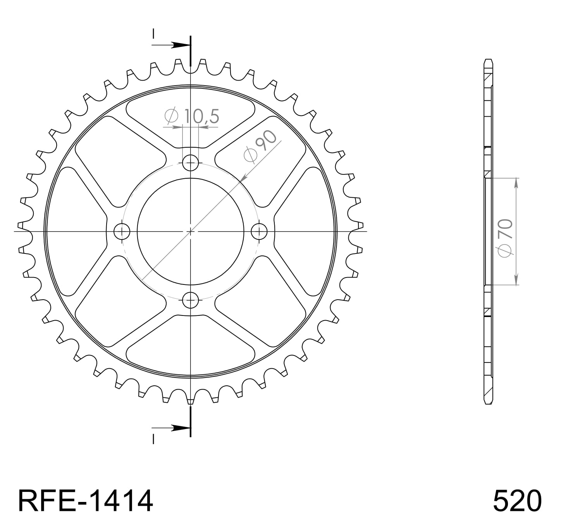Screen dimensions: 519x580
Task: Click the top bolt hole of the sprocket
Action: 190,162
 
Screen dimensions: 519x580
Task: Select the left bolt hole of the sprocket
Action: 122,232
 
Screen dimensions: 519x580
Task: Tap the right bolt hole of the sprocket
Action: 259,232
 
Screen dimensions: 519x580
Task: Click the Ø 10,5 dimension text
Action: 192,116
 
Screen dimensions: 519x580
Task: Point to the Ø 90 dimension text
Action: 261,145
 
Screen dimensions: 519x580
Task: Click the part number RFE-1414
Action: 86,501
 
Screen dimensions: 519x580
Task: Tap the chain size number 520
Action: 517,501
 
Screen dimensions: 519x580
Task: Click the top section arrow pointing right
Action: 178,45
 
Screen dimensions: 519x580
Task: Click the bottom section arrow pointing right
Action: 178,428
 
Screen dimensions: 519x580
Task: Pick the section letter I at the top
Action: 153,34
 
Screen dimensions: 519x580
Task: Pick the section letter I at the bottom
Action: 153,439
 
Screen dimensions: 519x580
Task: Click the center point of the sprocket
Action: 190,231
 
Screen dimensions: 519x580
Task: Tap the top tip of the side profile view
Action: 488,60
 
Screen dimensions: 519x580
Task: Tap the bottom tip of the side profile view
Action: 488,403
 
